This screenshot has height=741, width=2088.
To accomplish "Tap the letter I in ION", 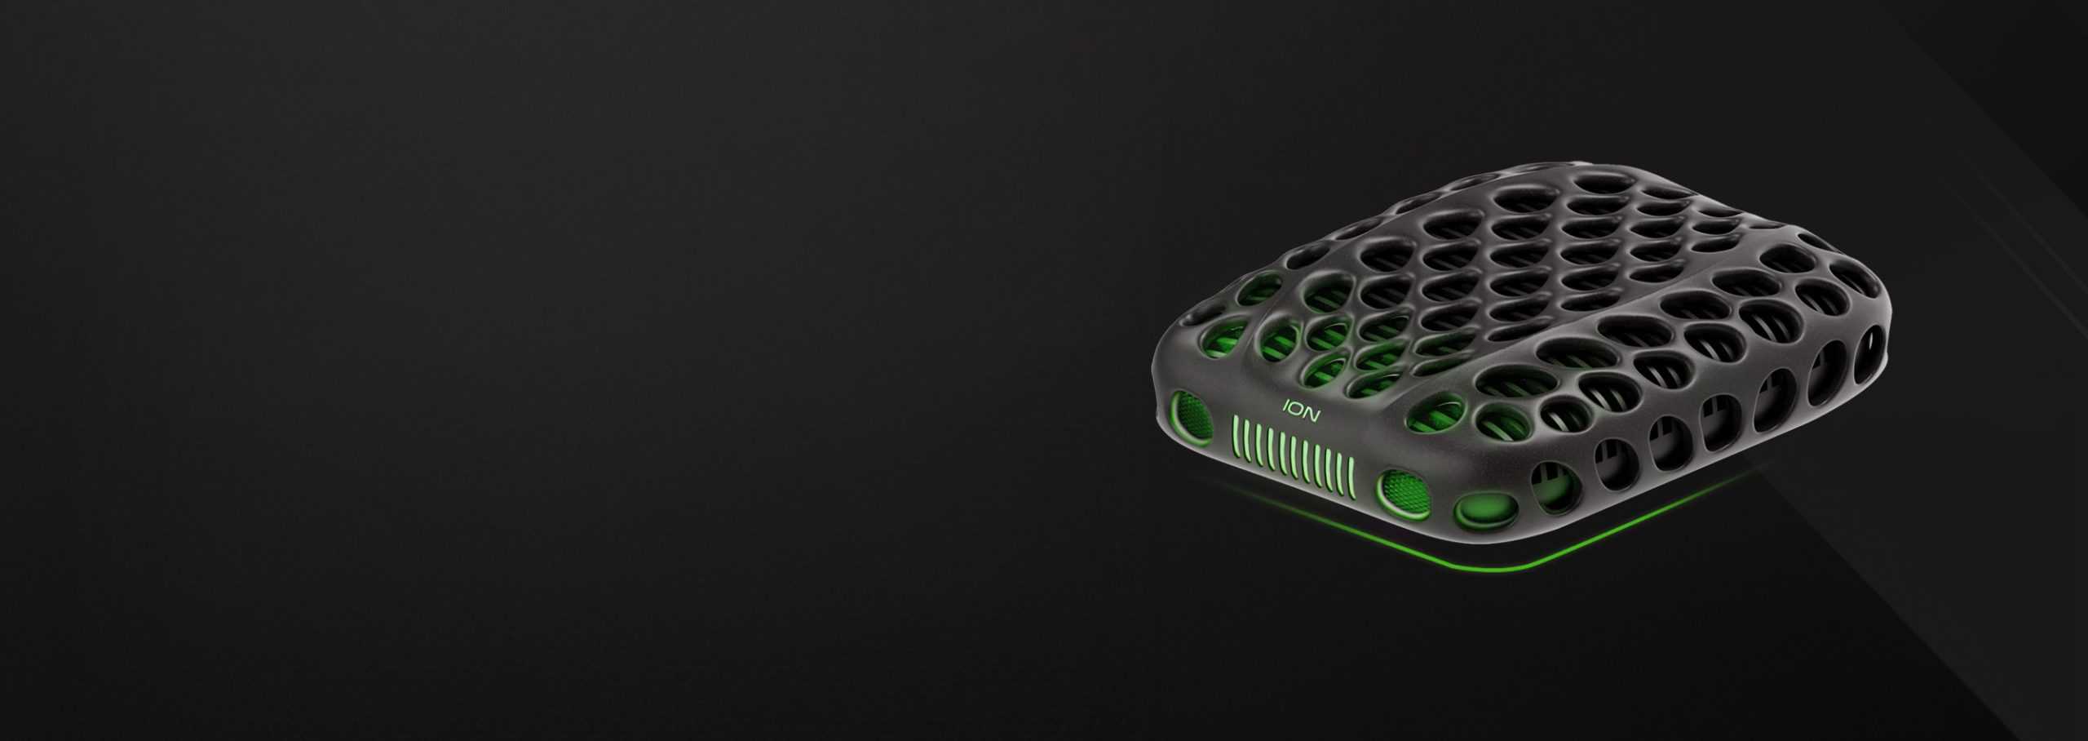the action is (x=1286, y=405).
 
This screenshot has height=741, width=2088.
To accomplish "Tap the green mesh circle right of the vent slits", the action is (x=1404, y=493).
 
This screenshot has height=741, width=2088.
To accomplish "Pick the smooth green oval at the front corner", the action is (x=1485, y=512).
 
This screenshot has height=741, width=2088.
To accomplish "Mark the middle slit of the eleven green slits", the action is (x=1293, y=456).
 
